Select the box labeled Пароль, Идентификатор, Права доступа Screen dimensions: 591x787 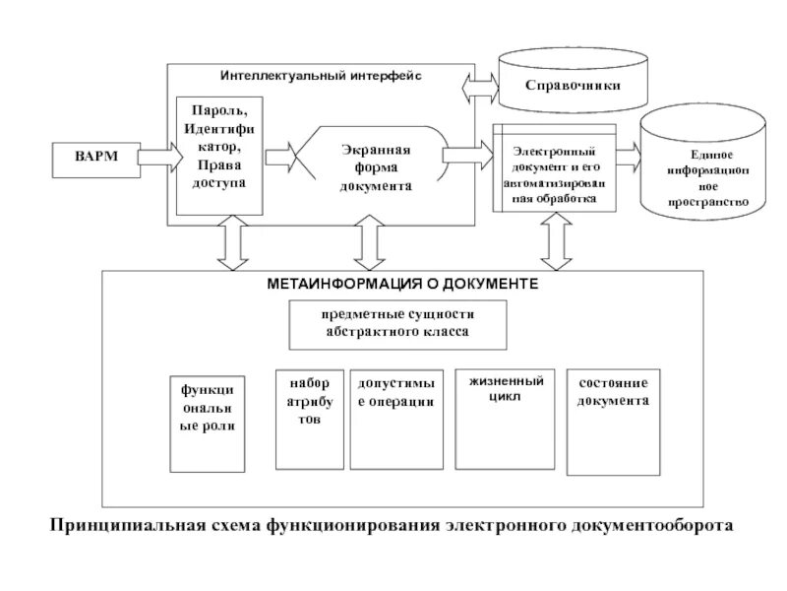point(219,156)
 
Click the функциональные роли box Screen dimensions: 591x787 point(208,423)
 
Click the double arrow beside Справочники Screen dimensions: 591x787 point(480,87)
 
